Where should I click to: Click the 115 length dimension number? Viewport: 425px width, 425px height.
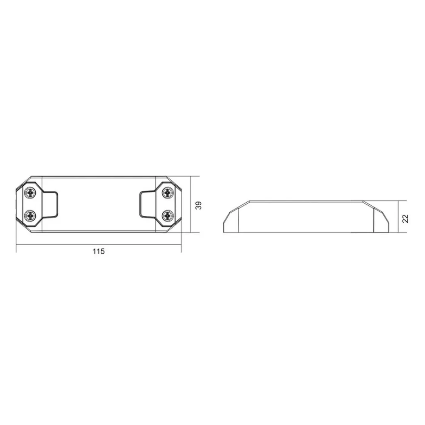pyautogui.click(x=99, y=251)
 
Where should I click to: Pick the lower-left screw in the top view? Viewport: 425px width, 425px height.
pyautogui.click(x=31, y=215)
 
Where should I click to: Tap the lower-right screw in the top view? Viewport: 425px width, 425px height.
pyautogui.click(x=167, y=215)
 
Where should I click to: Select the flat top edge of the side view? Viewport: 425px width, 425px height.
pyautogui.click(x=306, y=201)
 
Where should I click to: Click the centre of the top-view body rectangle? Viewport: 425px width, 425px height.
pyautogui.click(x=99, y=204)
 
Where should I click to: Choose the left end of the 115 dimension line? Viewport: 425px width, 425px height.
pyautogui.click(x=16, y=245)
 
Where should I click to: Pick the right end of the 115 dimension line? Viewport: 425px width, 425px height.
pyautogui.click(x=181, y=245)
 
